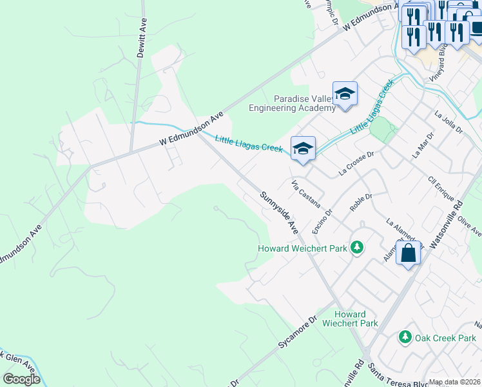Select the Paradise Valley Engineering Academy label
pyautogui.click(x=293, y=103)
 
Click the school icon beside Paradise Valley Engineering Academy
pyautogui.click(x=345, y=94)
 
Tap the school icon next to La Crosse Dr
pyautogui.click(x=303, y=148)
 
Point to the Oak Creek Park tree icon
pyautogui.click(x=405, y=337)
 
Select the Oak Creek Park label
pyautogui.click(x=445, y=338)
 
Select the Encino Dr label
pyautogui.click(x=322, y=221)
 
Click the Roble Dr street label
pyautogui.click(x=361, y=203)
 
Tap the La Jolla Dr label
pyautogui.click(x=449, y=121)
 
